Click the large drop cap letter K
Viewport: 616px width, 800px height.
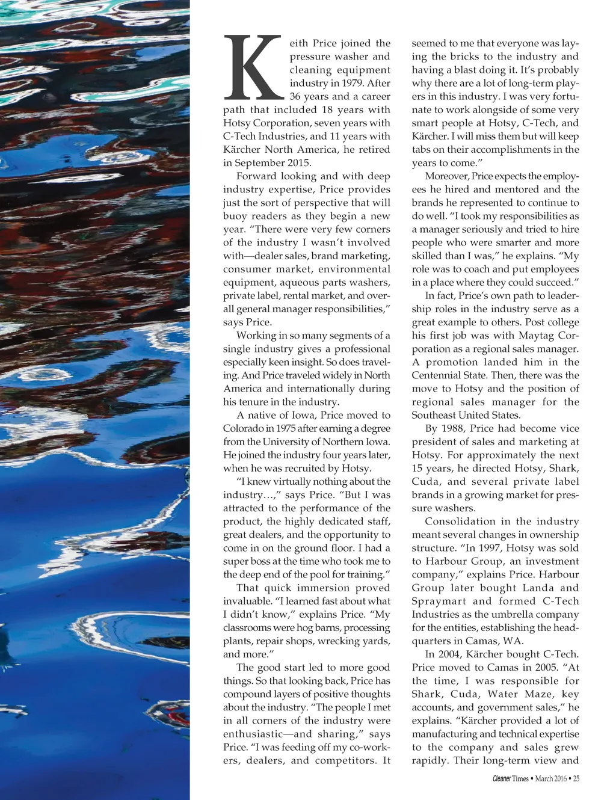253,67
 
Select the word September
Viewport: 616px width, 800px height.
259,162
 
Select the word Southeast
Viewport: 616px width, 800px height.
433,415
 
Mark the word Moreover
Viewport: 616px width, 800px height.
447,176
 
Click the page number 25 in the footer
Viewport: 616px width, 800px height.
576,778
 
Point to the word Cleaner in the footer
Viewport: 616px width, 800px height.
501,778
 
